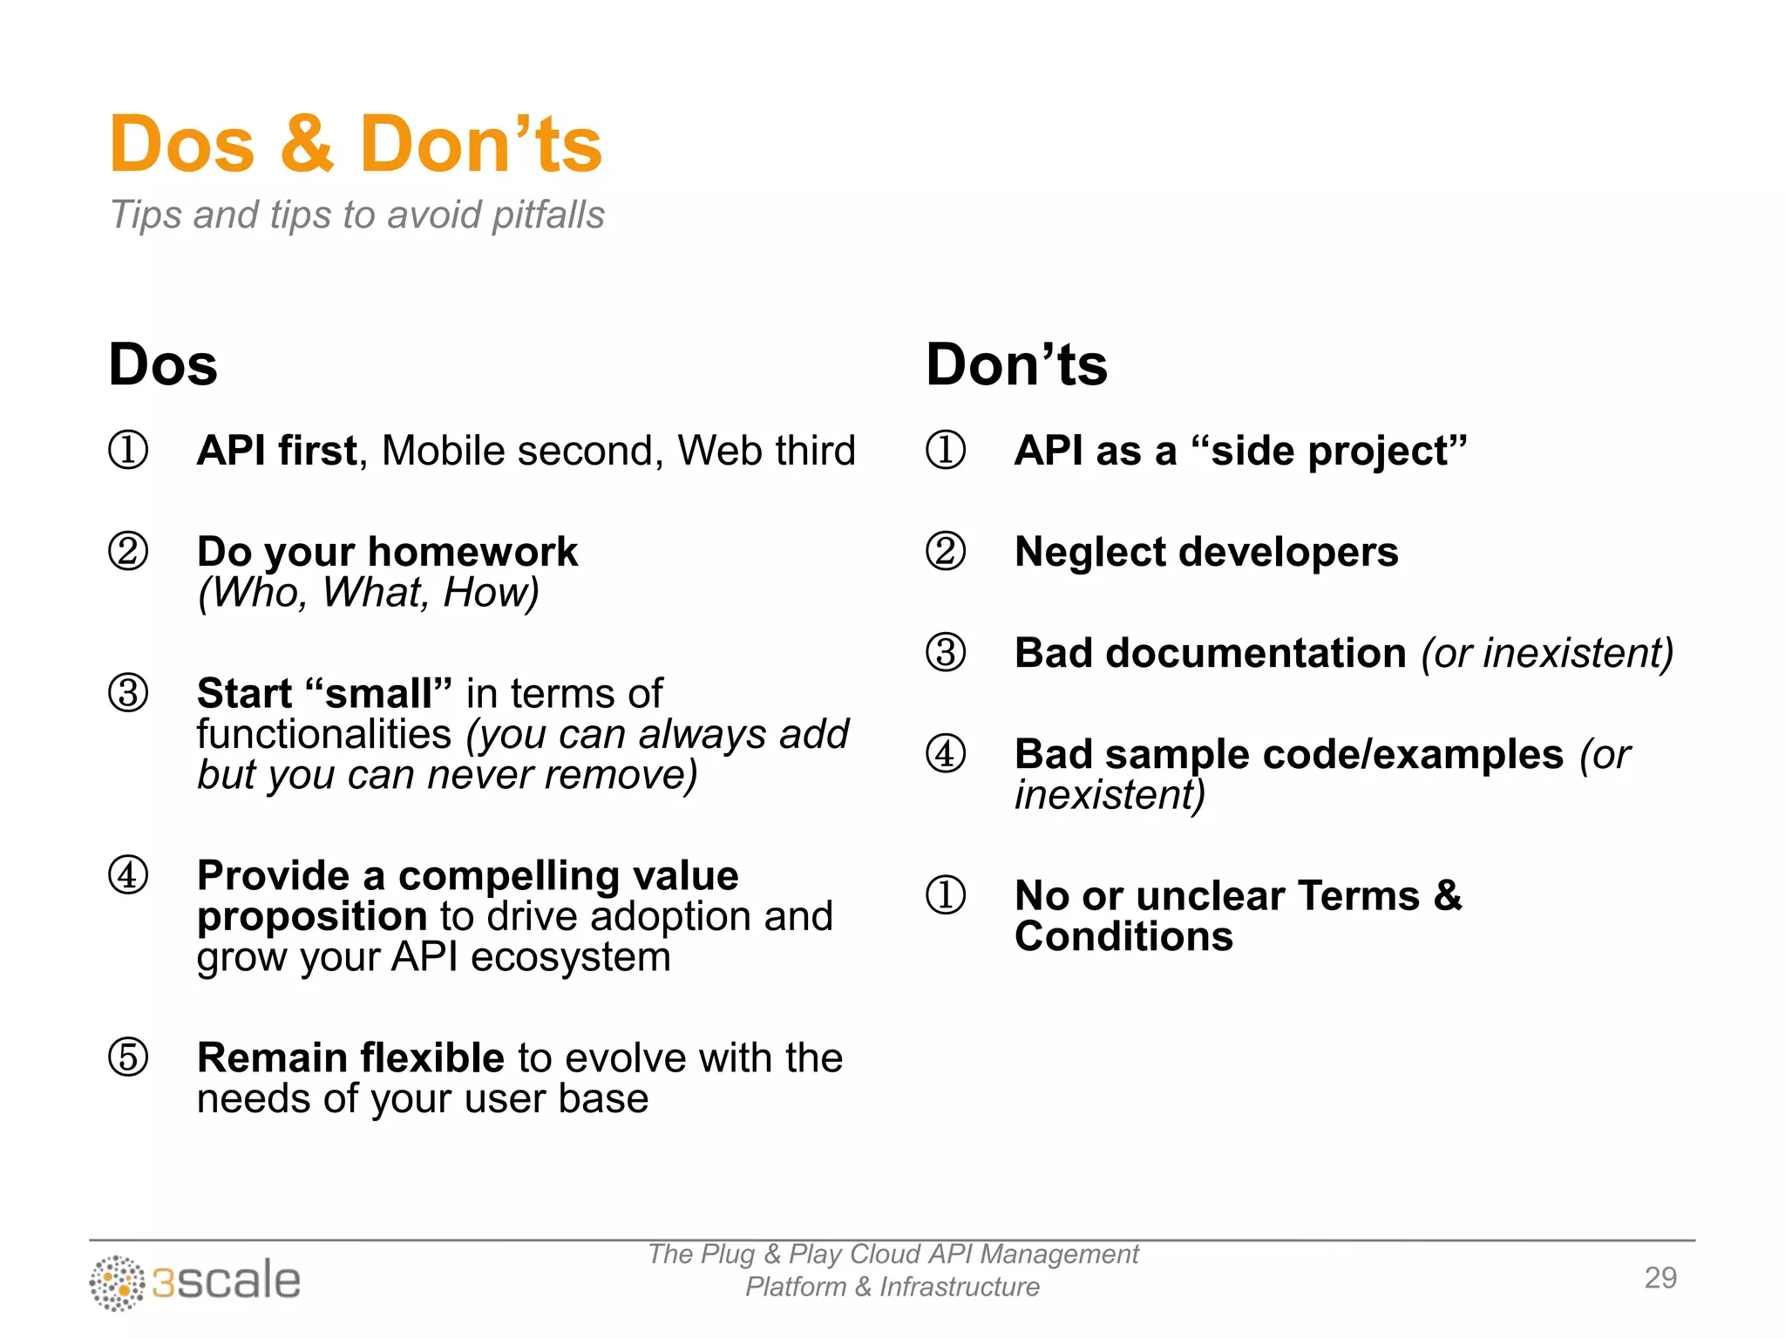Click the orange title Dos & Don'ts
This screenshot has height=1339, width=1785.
pos(356,145)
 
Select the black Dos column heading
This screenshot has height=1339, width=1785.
pos(163,364)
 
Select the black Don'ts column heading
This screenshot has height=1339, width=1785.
pos(1016,364)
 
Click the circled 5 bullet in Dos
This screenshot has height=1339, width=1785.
pos(128,1057)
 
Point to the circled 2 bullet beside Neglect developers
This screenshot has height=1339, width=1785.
pos(946,552)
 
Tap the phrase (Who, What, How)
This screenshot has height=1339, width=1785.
pos(368,593)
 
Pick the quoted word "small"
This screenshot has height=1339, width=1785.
pos(378,694)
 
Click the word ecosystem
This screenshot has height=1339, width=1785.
pos(571,957)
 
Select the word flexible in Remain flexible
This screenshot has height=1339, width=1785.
pos(432,1057)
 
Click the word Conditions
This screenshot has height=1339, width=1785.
pos(1123,937)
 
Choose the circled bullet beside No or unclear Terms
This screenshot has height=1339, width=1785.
pos(946,895)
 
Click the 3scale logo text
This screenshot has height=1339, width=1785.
pos(227,1281)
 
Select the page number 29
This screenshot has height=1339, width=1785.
pos(1660,1278)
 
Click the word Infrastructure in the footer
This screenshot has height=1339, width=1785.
pos(959,1288)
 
